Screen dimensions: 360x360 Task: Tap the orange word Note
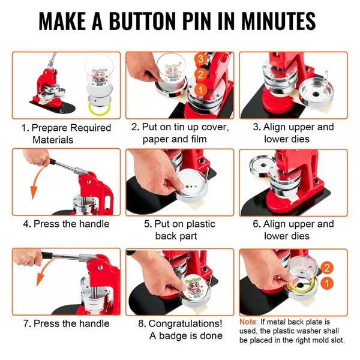(x=250, y=322)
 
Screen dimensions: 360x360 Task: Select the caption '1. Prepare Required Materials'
(x=66, y=133)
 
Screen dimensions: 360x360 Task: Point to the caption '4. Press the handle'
(x=66, y=224)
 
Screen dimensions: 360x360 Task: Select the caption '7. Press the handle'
(x=66, y=323)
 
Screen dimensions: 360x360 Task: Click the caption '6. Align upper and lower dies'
(x=293, y=230)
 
